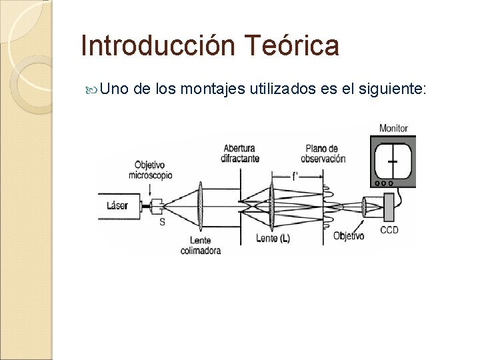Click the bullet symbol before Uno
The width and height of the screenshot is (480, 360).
tap(94, 89)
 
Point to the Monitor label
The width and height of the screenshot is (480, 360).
tap(393, 128)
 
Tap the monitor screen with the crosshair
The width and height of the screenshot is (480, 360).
tap(393, 161)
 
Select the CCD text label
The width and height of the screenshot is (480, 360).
tap(389, 231)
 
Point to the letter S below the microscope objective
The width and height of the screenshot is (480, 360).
tap(162, 222)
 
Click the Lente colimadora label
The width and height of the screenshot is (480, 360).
tap(200, 245)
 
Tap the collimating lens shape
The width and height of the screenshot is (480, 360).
tap(201, 206)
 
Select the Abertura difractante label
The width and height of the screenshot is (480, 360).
tap(241, 153)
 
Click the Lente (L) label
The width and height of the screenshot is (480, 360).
tap(273, 238)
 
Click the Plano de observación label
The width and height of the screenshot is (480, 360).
tap(323, 153)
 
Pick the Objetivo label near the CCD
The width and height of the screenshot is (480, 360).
tap(349, 235)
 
